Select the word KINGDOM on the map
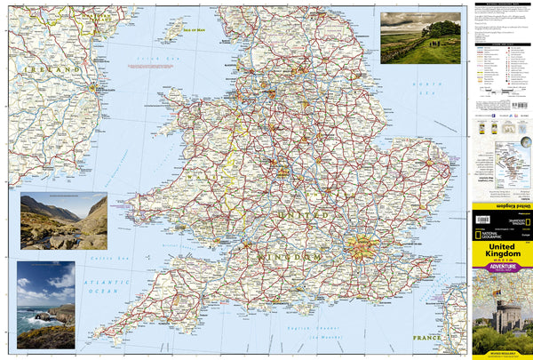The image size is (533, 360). coord(289,257)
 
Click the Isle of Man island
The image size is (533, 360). coord(172,32)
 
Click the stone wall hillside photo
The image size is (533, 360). coord(420,37)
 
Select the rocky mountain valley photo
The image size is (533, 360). coord(63,220)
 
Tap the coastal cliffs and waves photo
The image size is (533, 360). coord(45,304)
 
